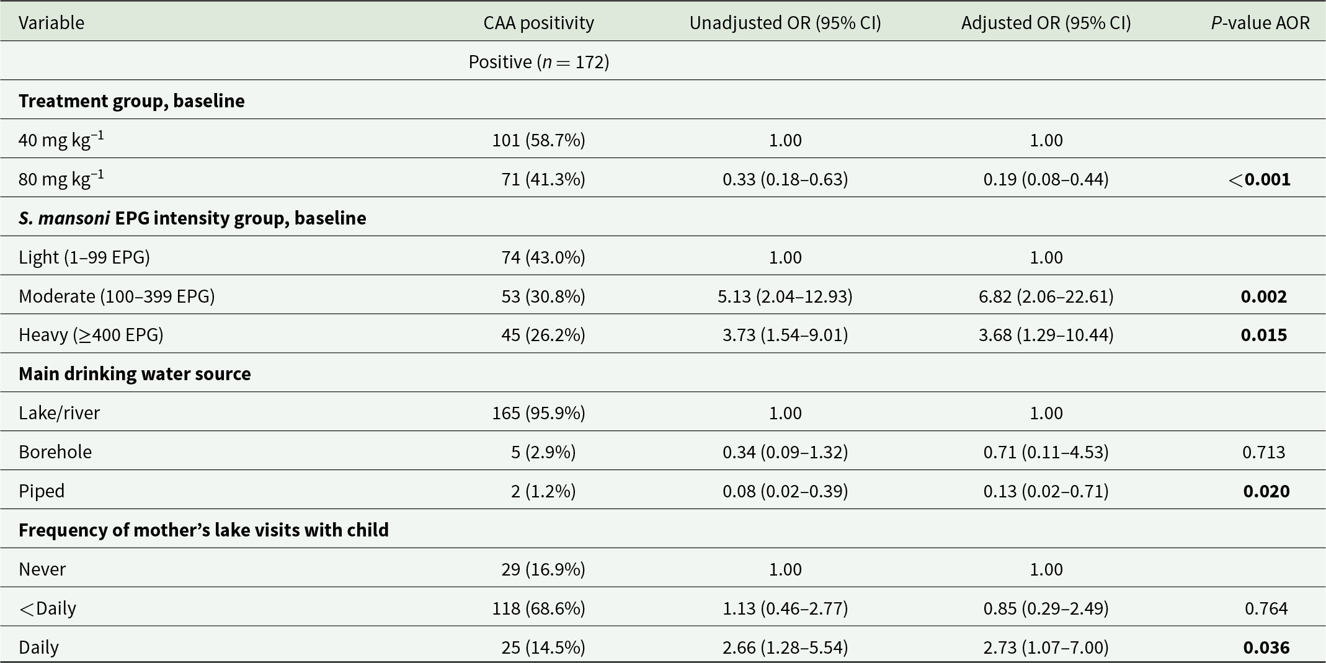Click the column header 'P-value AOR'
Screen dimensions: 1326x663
click(1260, 22)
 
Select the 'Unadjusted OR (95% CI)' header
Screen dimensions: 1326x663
click(785, 22)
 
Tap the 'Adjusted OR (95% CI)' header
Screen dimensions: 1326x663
click(1046, 22)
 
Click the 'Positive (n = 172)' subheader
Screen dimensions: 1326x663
click(539, 61)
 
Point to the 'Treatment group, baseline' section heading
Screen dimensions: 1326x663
click(131, 100)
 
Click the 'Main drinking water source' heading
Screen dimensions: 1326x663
click(135, 373)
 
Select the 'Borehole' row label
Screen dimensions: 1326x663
click(55, 452)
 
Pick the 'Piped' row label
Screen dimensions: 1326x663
click(42, 491)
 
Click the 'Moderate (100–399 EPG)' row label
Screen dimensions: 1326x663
click(117, 296)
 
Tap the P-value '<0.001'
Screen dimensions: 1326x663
click(1260, 179)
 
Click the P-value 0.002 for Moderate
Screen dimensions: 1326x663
click(1264, 296)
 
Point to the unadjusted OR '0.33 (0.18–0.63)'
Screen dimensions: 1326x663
click(785, 179)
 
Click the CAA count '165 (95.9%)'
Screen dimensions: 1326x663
click(539, 412)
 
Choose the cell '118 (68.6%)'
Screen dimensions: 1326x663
click(539, 608)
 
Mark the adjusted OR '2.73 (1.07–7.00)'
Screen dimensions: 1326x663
click(1046, 647)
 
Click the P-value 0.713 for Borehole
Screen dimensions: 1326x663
click(1264, 452)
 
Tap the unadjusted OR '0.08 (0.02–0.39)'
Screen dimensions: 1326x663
click(785, 491)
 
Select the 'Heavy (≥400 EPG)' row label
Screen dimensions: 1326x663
click(91, 335)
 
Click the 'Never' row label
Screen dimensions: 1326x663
click(42, 569)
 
